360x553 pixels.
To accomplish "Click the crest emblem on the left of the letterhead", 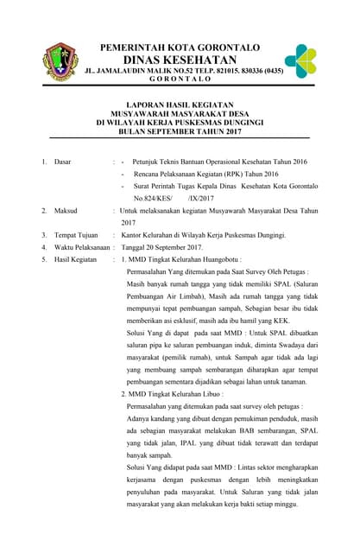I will click(x=60, y=61).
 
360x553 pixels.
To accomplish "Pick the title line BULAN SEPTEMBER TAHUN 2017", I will click(x=180, y=132).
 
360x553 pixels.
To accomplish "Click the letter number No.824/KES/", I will click(x=153, y=198).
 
